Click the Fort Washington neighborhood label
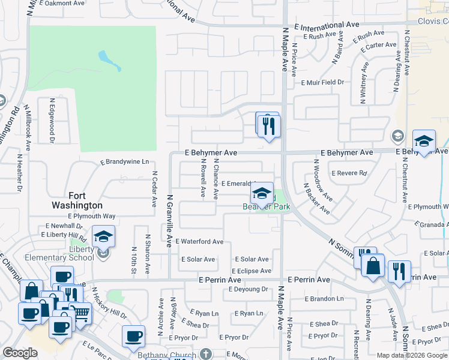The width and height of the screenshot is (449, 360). click(85, 200)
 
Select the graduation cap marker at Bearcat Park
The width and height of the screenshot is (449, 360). click(262, 194)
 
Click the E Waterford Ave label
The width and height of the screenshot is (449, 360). click(199, 242)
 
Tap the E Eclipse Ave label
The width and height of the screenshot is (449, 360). click(250, 271)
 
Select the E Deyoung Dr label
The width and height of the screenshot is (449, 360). click(248, 289)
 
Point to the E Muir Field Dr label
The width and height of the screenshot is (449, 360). click(322, 83)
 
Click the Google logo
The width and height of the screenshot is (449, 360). click(20, 353)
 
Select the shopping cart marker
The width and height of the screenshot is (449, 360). click(80, 312)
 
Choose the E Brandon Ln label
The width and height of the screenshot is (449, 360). click(324, 298)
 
